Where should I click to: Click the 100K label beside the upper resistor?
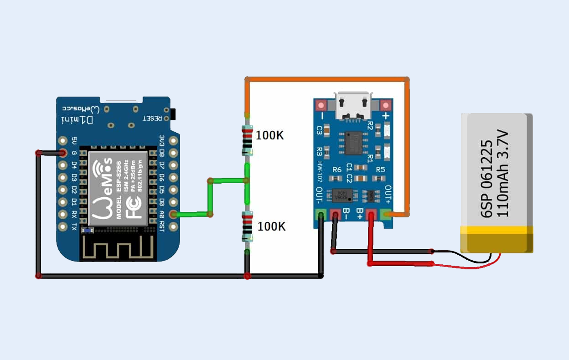click(269, 135)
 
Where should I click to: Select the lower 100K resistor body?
click(247, 227)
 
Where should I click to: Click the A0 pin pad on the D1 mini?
click(173, 214)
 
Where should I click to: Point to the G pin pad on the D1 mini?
click(63, 153)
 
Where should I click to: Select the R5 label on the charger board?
click(380, 170)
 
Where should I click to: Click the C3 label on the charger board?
click(320, 131)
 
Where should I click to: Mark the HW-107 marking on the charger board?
click(321, 172)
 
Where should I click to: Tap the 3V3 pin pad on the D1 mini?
click(173, 141)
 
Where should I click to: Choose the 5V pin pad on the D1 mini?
click(63, 141)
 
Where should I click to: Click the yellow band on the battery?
click(497, 239)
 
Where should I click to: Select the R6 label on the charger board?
click(337, 170)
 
